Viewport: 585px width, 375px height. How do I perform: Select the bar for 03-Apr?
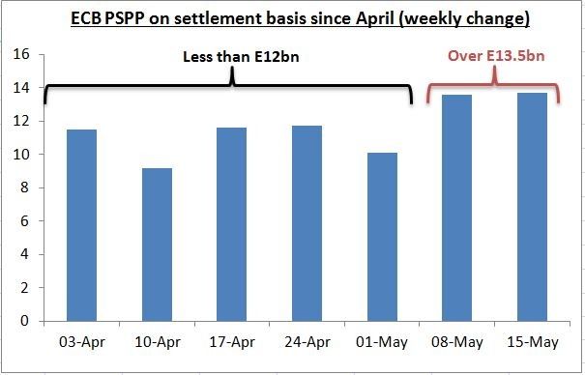81,225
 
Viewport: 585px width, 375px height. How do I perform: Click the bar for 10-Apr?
157,245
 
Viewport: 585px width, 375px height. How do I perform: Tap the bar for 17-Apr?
232,224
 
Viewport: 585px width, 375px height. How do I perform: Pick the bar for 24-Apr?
307,223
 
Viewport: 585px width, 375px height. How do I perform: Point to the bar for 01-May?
382,237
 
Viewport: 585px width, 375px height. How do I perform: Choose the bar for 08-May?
457,208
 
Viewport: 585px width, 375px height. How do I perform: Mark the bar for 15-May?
533,207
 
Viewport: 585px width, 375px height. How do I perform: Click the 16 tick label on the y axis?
21,54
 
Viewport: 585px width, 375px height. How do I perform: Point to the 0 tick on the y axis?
24,321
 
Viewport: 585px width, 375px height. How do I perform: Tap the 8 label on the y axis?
24,187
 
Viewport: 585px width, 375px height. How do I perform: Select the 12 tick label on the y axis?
21,121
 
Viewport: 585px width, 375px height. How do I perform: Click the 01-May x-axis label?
382,342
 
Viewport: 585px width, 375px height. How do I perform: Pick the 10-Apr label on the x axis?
158,342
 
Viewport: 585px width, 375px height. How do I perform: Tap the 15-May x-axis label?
533,342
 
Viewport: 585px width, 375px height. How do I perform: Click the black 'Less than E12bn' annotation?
241,57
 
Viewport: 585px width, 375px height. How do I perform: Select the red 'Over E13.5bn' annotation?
496,56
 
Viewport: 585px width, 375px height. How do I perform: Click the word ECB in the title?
86,18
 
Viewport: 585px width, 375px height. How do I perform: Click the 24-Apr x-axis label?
307,342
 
